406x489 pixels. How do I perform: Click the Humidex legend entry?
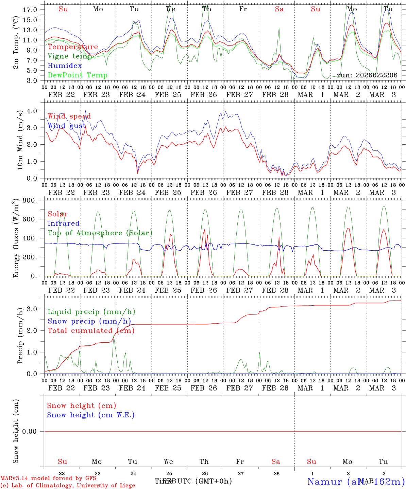click(65, 66)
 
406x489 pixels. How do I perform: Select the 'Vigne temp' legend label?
click(70, 56)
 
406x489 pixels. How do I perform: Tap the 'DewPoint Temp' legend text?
click(78, 75)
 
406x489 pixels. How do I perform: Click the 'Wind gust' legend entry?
click(67, 126)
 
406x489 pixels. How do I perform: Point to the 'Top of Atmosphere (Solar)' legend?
click(100, 233)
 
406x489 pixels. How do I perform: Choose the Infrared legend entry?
click(64, 223)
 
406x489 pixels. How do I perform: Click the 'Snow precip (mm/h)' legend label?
click(89, 321)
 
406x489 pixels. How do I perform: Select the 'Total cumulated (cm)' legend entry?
click(91, 331)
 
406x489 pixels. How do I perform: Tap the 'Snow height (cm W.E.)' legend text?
click(90, 415)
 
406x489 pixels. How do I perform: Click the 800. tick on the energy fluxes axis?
click(30, 200)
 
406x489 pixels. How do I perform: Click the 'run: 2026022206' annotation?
click(367, 75)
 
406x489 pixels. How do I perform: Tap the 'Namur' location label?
click(324, 481)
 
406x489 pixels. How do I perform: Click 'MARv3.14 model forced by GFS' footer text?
click(48, 478)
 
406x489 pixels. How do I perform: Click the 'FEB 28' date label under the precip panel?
click(275, 388)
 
